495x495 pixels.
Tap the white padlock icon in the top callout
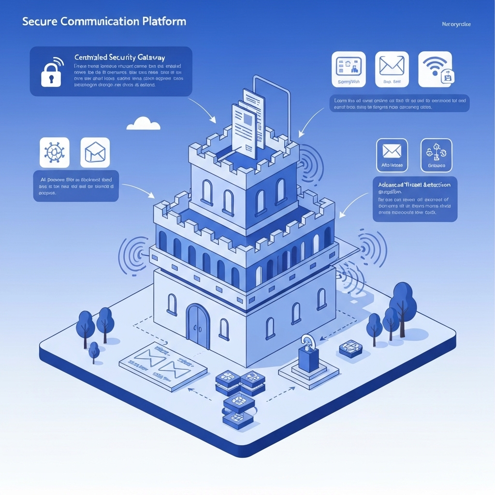coord(51,73)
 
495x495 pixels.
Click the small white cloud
coord(143,124)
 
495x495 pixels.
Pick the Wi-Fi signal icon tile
coord(435,69)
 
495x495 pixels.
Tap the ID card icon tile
coord(348,69)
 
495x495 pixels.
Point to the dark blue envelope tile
coord(392,155)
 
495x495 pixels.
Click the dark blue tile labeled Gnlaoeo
coord(436,155)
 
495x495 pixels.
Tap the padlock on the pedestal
coord(307,355)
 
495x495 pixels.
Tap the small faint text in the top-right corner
coord(456,24)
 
